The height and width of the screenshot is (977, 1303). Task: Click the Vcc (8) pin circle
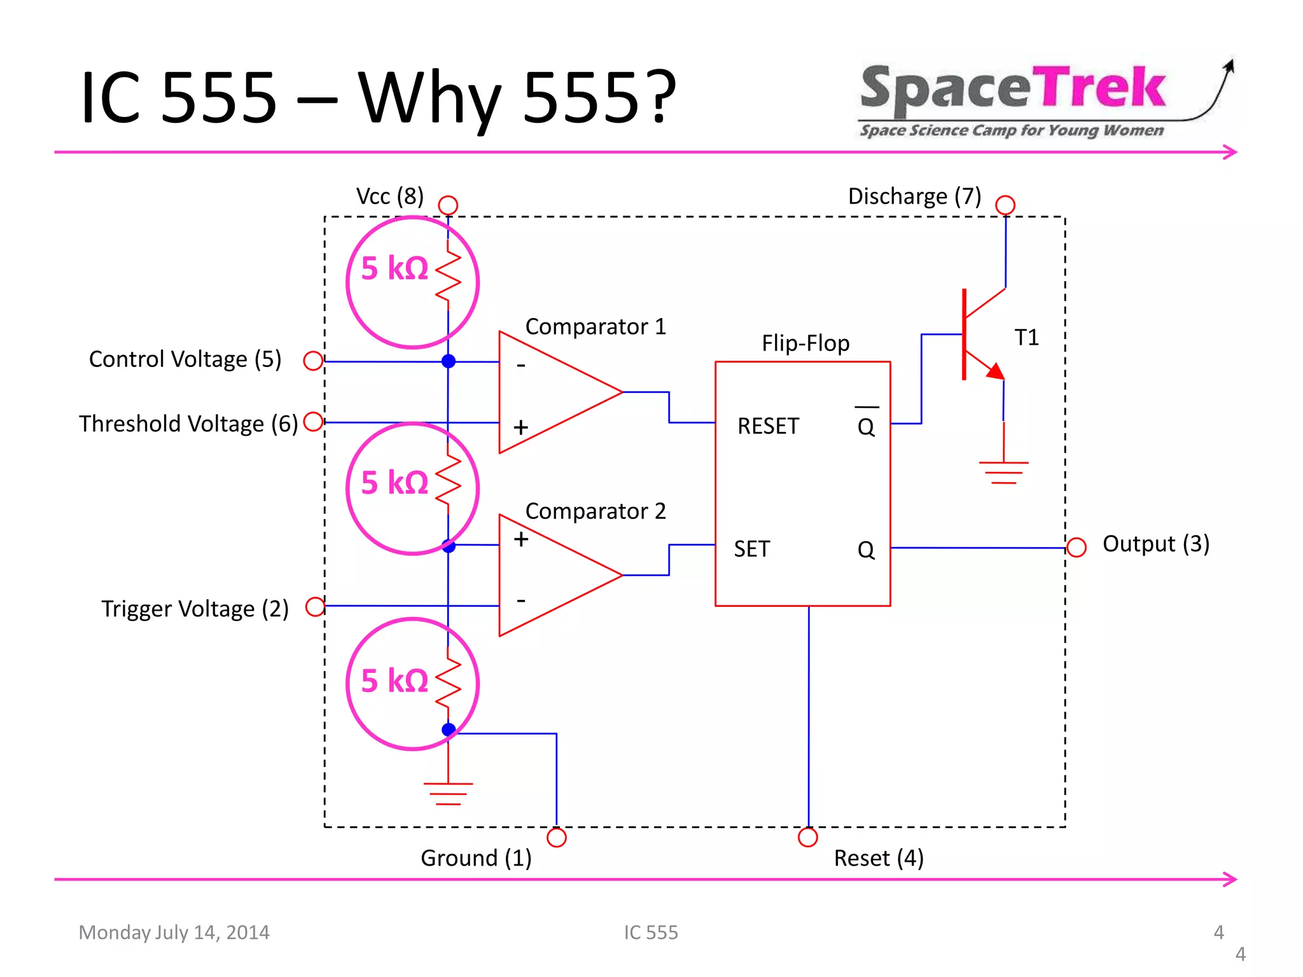click(x=448, y=205)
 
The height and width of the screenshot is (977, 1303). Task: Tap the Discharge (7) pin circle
click(x=1005, y=205)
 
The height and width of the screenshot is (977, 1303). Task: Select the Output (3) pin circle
click(x=1076, y=547)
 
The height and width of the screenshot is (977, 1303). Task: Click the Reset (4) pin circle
click(x=808, y=837)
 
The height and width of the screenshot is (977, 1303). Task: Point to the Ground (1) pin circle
click(x=557, y=837)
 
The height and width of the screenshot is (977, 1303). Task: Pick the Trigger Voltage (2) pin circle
click(x=315, y=607)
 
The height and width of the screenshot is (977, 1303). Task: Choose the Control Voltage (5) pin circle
click(x=313, y=361)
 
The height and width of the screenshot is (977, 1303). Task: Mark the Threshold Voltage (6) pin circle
click(x=313, y=422)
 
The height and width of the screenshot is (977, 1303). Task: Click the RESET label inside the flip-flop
click(x=768, y=426)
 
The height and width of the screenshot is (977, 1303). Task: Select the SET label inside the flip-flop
click(x=751, y=549)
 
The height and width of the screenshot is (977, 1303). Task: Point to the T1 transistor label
click(x=1026, y=338)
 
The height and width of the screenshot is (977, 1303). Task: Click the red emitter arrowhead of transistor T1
click(x=995, y=371)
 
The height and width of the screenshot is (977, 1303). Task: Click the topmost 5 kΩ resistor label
click(x=394, y=268)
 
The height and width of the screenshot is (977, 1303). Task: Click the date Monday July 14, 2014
click(x=174, y=932)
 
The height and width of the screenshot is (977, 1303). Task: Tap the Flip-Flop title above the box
click(x=805, y=343)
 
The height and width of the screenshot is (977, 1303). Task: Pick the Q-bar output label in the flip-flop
click(x=866, y=424)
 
